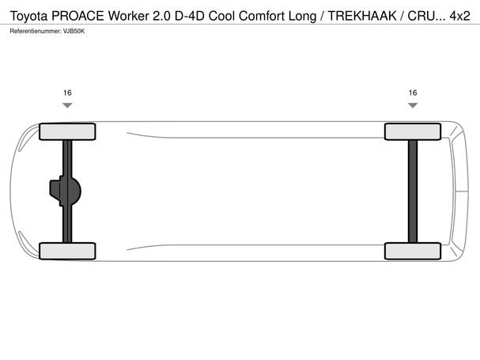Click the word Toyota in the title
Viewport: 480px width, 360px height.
[28, 17]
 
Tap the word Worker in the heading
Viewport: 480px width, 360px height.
[129, 16]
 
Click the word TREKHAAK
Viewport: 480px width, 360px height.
[362, 16]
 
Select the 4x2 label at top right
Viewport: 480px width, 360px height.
[459, 16]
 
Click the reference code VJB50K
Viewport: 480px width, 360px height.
[74, 31]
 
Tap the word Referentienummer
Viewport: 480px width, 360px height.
[36, 31]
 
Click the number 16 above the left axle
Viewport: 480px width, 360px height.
[67, 93]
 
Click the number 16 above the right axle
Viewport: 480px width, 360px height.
[413, 93]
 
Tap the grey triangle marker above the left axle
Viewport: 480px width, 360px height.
[67, 105]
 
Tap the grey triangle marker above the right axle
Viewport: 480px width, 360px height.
[413, 105]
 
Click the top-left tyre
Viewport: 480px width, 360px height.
[67, 131]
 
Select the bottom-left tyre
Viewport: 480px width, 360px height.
[67, 251]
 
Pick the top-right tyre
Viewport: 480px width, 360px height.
[413, 131]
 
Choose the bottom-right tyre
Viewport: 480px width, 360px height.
[413, 251]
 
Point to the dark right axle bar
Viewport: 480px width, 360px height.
[413, 191]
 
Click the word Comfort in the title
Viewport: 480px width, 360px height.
[262, 16]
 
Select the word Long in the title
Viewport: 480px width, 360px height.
[302, 17]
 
